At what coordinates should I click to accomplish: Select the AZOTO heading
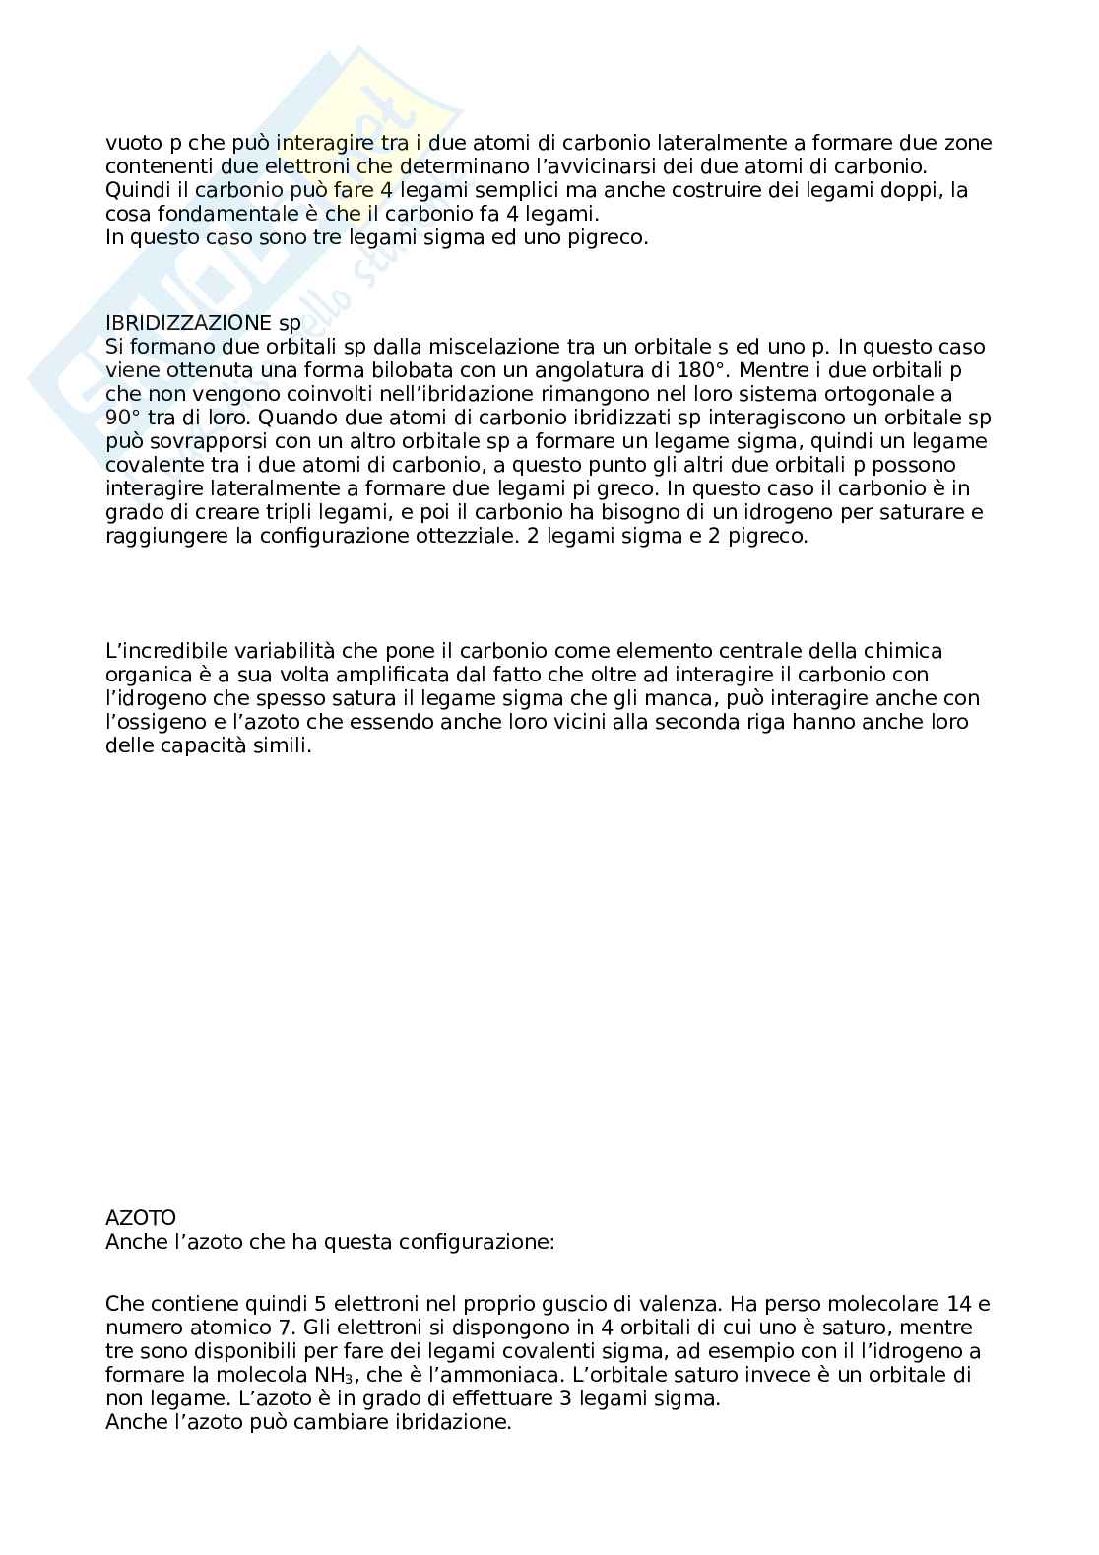point(140,1219)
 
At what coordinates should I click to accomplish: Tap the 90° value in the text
point(122,418)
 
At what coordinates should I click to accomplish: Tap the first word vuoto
point(130,143)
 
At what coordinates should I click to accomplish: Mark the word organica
point(146,675)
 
